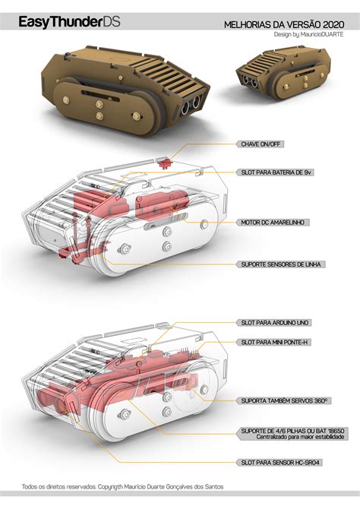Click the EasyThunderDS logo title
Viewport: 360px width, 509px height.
(x=69, y=22)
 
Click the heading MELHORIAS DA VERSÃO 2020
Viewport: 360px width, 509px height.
(x=284, y=25)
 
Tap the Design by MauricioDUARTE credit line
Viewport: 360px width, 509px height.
(x=308, y=34)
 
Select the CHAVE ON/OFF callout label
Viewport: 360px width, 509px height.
(x=261, y=144)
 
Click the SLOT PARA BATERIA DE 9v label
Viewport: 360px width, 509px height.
(x=276, y=172)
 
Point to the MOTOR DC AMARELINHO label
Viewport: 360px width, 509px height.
(x=273, y=223)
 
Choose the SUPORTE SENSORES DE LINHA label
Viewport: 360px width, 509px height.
(x=281, y=264)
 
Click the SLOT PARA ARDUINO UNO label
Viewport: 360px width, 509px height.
(x=275, y=323)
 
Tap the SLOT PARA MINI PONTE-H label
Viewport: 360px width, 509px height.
(x=274, y=342)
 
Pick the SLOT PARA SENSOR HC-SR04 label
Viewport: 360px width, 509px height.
(x=279, y=463)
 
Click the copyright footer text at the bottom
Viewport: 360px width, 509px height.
(x=123, y=487)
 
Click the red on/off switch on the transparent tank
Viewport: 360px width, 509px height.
(x=166, y=163)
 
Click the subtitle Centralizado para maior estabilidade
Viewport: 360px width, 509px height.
(x=300, y=437)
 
